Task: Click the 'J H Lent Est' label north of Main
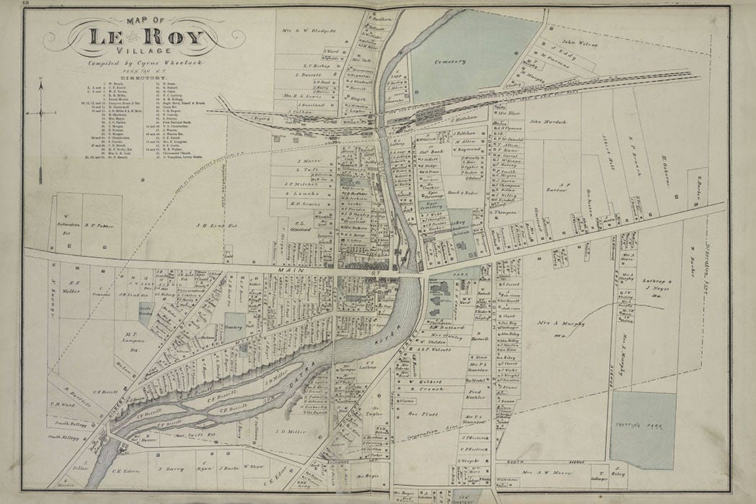click(212, 225)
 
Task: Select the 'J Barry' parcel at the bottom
click(167, 467)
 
